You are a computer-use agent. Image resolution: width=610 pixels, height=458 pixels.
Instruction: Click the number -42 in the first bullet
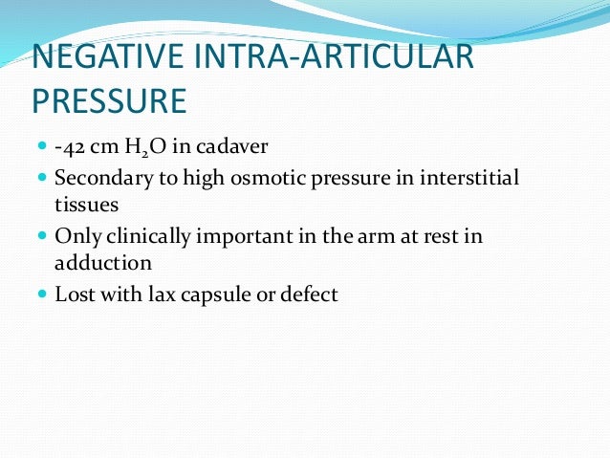pos(70,148)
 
